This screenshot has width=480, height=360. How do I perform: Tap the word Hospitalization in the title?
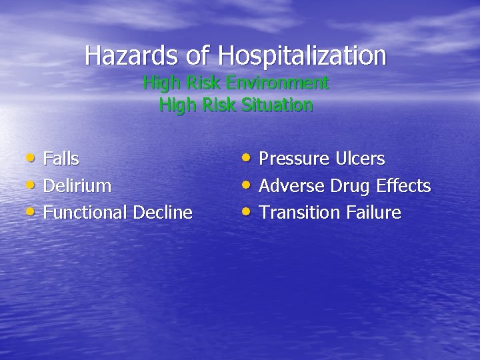302,55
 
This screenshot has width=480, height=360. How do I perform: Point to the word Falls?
61,159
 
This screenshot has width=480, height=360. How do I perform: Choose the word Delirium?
77,185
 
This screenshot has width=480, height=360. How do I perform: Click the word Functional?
85,213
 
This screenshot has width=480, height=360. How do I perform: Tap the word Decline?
163,213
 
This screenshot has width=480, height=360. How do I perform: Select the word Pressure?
294,159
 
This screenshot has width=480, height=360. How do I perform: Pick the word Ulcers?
360,159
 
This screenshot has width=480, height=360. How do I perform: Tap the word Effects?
403,185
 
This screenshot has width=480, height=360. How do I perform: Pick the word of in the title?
197,55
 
